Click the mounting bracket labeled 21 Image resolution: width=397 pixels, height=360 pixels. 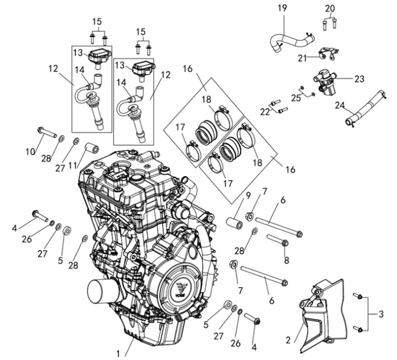coord(327,55)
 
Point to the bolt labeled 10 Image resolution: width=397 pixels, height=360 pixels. coord(45,132)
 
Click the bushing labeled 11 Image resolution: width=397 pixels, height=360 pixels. coord(91,149)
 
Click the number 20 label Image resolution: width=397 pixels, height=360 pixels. coord(330,8)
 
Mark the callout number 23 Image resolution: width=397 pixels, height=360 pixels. coord(359,79)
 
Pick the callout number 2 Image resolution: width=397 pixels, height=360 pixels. coord(288,341)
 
